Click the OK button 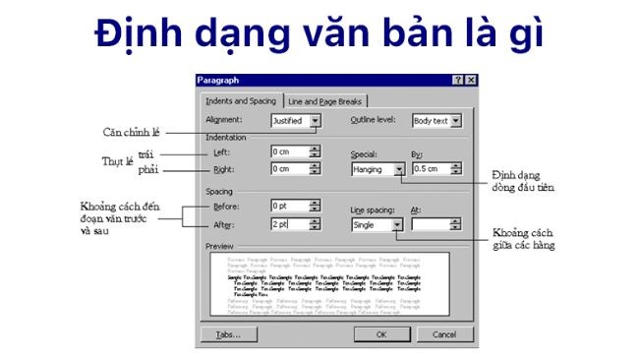381,334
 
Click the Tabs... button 228,334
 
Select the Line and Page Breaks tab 325,100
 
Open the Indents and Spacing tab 241,100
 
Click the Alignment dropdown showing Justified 295,121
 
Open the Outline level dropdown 436,121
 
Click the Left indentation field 289,152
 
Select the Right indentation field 289,169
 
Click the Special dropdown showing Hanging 378,169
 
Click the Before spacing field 289,207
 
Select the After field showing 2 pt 289,225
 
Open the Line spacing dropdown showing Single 378,225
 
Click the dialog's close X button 471,80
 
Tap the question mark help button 459,80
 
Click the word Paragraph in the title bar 218,80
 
